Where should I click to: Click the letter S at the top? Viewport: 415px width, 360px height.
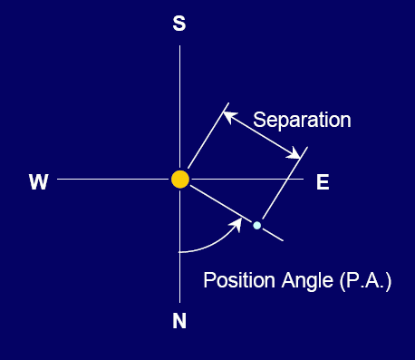pyautogui.click(x=179, y=24)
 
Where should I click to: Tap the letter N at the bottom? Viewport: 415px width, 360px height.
pyautogui.click(x=179, y=320)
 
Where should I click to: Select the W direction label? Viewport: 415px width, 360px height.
pyautogui.click(x=39, y=182)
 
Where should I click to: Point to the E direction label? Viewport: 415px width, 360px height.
pyautogui.click(x=323, y=182)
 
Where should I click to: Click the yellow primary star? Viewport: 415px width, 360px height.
pyautogui.click(x=180, y=180)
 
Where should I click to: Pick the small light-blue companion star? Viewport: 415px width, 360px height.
pyautogui.click(x=257, y=225)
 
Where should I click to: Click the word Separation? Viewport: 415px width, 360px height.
pyautogui.click(x=302, y=120)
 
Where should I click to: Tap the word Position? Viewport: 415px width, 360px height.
pyautogui.click(x=239, y=280)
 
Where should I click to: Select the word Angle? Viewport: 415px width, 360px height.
pyautogui.click(x=307, y=281)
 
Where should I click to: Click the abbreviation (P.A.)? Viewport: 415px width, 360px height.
pyautogui.click(x=365, y=281)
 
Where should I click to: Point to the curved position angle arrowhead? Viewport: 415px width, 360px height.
pyautogui.click(x=236, y=224)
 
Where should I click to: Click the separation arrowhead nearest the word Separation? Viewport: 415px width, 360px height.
pyautogui.click(x=229, y=117)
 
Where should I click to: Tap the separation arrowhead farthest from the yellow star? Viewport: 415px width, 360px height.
pyautogui.click(x=294, y=153)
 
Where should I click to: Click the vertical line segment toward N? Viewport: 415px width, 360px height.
pyautogui.click(x=180, y=246)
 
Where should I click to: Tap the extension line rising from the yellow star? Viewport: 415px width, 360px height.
pyautogui.click(x=208, y=135)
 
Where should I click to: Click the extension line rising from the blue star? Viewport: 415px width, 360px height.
pyautogui.click(x=285, y=183)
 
